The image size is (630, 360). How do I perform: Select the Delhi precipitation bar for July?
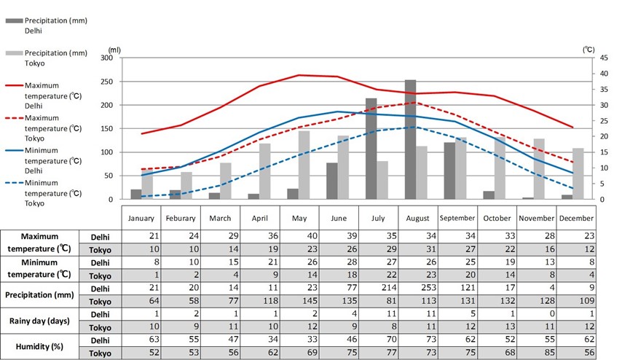click(x=371, y=149)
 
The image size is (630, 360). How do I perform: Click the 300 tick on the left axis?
click(x=107, y=58)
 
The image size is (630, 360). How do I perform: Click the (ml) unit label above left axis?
click(x=114, y=49)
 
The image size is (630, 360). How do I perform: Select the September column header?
click(x=457, y=217)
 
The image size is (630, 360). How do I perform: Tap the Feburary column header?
click(x=181, y=217)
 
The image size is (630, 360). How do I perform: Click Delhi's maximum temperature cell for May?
click(x=299, y=236)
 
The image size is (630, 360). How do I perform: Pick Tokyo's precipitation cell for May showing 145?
click(x=299, y=302)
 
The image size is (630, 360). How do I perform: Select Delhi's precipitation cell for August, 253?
click(x=417, y=289)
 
